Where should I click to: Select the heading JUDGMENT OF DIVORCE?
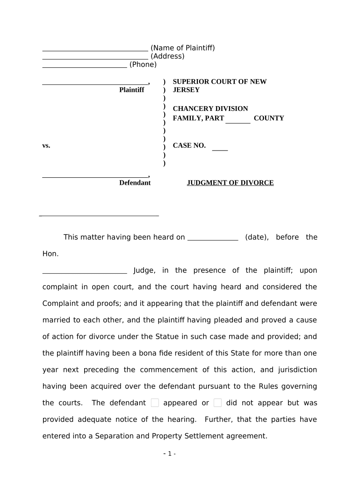230,183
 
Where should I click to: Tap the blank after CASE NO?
220,149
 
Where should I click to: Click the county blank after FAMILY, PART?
238,121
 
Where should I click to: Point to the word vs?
46,145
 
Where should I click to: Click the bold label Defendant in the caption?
135,183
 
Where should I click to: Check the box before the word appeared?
155,403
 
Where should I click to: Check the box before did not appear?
217,403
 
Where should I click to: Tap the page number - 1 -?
169,454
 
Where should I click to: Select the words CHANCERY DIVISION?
210,109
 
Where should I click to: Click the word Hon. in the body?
50,254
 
